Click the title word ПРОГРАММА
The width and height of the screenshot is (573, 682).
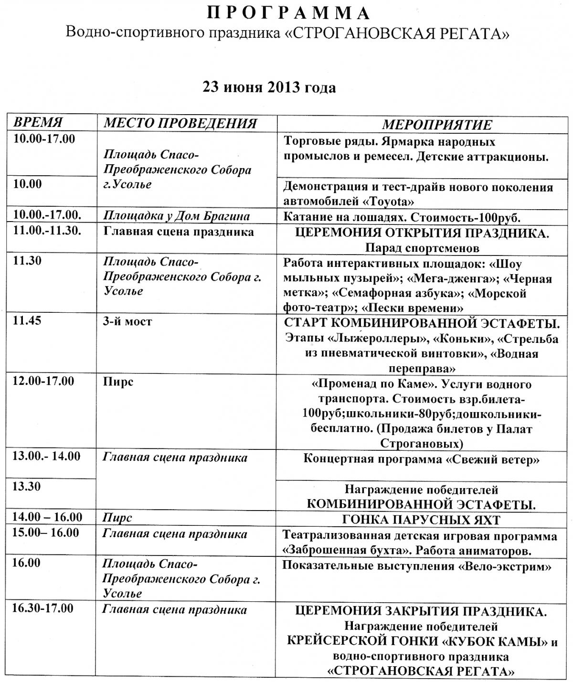click(x=288, y=13)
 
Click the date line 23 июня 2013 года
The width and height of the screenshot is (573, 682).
click(x=269, y=87)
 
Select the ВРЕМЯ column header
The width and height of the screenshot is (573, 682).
click(x=38, y=122)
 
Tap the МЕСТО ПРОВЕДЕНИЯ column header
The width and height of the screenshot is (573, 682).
click(x=180, y=123)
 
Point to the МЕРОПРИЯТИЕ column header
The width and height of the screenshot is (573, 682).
click(x=437, y=125)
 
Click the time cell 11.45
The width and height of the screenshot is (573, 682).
click(x=28, y=320)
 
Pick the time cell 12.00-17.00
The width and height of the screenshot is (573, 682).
click(x=43, y=381)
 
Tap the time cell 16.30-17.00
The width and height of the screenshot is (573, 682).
click(x=43, y=608)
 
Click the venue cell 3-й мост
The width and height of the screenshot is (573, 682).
click(x=127, y=321)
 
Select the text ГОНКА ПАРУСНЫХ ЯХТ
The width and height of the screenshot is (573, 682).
click(x=421, y=520)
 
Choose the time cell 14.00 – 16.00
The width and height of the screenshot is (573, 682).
click(x=47, y=517)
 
